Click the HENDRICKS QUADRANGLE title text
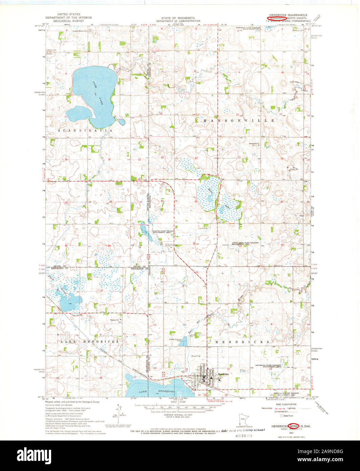coord(288,15)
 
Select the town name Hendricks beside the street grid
coord(224,374)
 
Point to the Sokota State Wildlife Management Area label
coord(163,232)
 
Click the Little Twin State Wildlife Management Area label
coord(246,244)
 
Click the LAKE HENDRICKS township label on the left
coord(90,342)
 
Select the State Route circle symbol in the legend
coord(281,415)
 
